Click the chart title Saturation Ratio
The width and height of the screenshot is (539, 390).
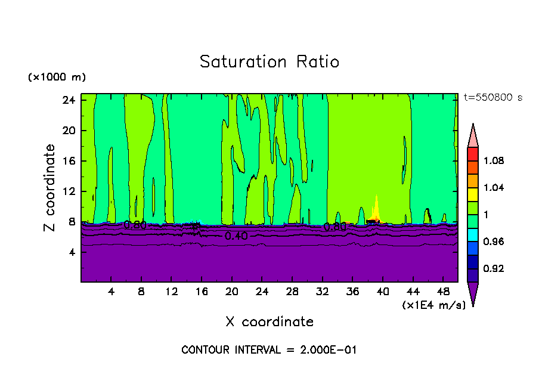[x=269, y=62]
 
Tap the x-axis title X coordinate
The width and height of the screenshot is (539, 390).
[x=269, y=322]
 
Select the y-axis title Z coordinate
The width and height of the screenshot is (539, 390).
[x=50, y=188]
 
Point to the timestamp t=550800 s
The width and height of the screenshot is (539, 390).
[x=493, y=98]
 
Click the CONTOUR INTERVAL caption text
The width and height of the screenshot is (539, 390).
[x=269, y=350]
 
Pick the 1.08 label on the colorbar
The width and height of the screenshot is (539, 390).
[x=494, y=160]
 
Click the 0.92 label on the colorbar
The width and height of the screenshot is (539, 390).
[x=494, y=268]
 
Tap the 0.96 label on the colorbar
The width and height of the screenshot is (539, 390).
[x=494, y=242]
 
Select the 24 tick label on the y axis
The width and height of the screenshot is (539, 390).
[x=68, y=100]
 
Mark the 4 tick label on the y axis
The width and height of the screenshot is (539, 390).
[x=70, y=252]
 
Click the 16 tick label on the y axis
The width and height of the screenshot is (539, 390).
[x=68, y=161]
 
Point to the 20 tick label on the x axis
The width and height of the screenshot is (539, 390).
[x=232, y=292]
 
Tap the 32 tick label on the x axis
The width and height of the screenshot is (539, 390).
[x=323, y=292]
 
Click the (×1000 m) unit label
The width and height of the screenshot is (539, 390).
[x=57, y=77]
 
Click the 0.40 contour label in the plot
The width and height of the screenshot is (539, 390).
[x=236, y=236]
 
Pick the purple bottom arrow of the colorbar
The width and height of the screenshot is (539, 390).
[x=473, y=294]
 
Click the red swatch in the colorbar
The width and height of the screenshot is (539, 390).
[x=473, y=154]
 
